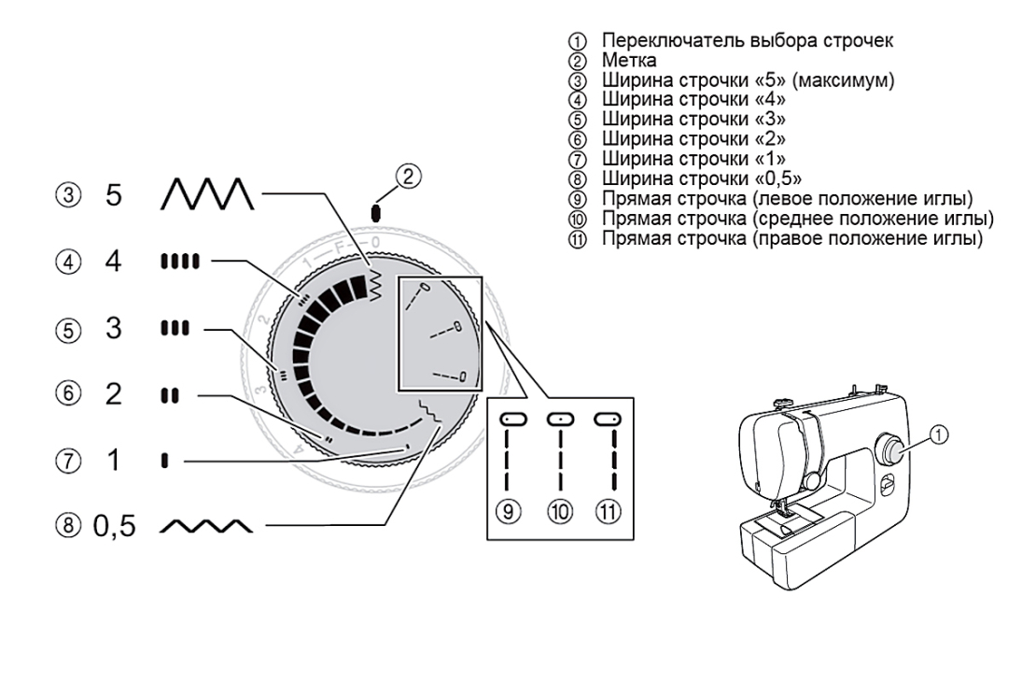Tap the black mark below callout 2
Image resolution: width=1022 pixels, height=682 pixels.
(375, 213)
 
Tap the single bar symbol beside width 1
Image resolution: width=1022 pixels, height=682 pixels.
(164, 461)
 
